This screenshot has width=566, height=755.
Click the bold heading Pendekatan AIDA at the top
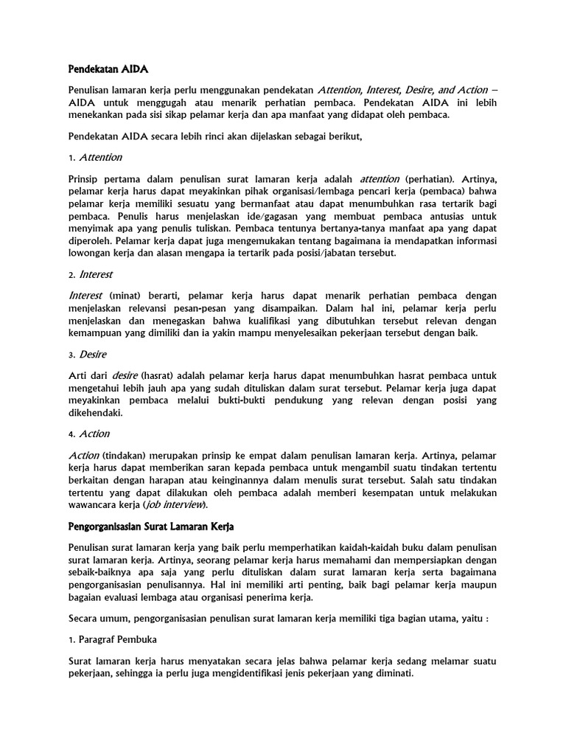[108, 69]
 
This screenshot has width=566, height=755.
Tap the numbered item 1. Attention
[95, 157]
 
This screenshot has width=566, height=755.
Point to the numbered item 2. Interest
[91, 274]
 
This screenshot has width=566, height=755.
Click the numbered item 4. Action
[88, 434]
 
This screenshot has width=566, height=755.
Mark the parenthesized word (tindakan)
[127, 454]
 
